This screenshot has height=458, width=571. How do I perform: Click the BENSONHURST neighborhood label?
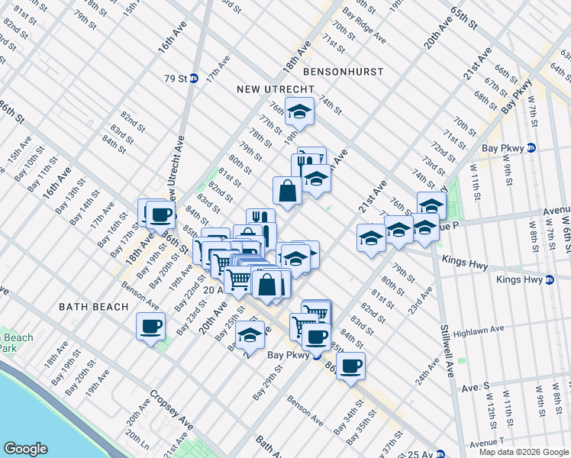(343, 71)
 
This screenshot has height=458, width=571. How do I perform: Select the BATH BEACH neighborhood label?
(91, 306)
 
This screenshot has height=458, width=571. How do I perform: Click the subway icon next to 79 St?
(194, 78)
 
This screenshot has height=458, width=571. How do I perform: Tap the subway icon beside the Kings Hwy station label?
(549, 280)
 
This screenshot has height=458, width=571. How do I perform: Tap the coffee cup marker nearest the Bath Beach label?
(150, 326)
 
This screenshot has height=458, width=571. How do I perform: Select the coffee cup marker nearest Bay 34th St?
(350, 366)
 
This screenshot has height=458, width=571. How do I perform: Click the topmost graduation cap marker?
(300, 111)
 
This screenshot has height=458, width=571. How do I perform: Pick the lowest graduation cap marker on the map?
(250, 334)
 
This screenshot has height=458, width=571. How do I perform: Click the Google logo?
(26, 448)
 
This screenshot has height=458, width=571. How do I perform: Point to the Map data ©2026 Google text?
(523, 452)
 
